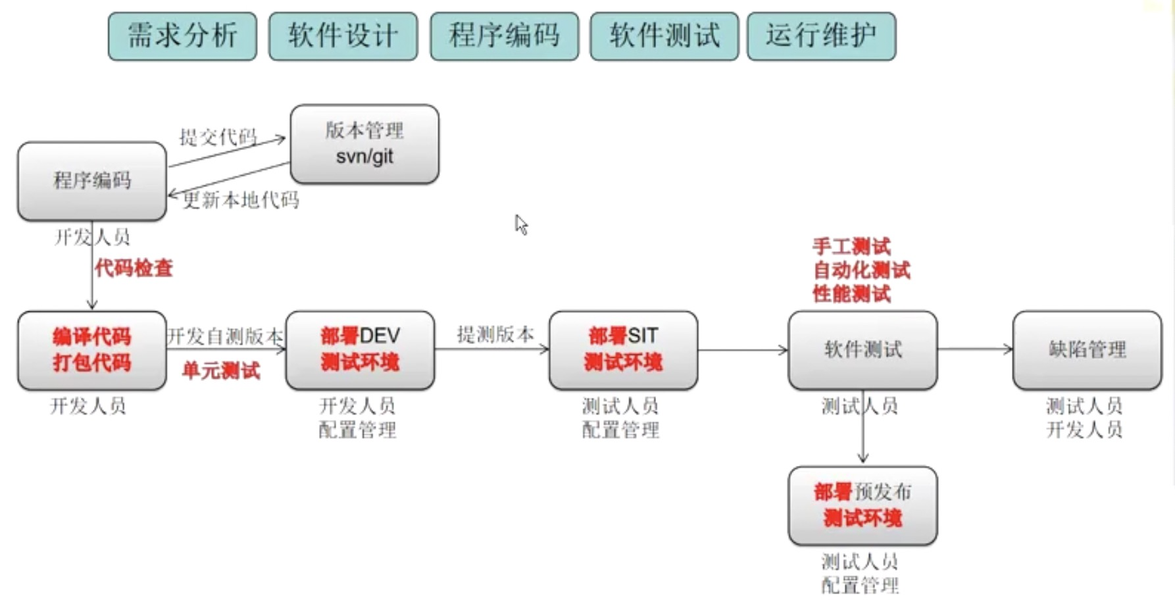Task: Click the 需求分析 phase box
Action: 182,36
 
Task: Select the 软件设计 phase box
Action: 343,36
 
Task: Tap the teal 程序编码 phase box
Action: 504,36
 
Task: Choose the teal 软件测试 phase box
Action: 664,36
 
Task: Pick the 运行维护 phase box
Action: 821,36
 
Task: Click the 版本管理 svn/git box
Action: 364,144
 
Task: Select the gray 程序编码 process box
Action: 92,181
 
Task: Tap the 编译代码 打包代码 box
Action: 92,350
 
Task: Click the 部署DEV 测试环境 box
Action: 360,350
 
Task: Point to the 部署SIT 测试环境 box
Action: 623,350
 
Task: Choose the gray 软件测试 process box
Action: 863,350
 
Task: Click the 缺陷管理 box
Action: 1087,350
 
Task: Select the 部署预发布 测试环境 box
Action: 863,505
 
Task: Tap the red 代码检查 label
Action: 134,268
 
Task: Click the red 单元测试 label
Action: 221,371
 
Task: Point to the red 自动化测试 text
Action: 862,270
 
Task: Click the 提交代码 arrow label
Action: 218,137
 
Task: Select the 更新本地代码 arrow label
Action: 241,200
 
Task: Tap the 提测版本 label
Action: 495,334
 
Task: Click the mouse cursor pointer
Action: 521,224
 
